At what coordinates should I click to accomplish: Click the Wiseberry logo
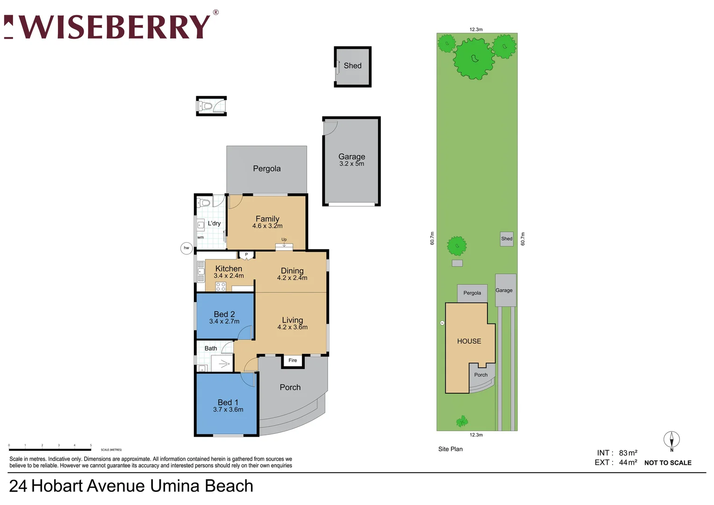coord(111,27)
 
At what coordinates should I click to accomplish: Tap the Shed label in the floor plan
coord(352,66)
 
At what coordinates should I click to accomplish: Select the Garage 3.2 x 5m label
coord(351,160)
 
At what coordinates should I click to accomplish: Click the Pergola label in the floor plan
coord(267,169)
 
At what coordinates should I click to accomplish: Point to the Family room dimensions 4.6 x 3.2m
coord(267,226)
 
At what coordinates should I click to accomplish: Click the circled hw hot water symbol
coord(186,248)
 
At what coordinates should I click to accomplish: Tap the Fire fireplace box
coord(293,361)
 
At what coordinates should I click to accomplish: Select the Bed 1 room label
coord(228,403)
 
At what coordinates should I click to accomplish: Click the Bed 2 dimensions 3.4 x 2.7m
coord(224,322)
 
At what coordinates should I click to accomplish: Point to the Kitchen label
coord(228,269)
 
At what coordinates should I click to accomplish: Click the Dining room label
coord(292,271)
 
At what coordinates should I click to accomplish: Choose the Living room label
coord(292,320)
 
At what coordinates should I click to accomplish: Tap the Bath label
coord(211,348)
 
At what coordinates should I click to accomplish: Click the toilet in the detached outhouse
coord(207,107)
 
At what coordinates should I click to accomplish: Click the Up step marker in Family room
coord(284,240)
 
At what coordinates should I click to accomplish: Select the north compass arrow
coord(671,440)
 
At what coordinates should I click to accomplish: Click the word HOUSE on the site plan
coord(469,341)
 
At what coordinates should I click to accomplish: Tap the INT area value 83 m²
coord(628,453)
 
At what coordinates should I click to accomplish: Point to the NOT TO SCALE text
coord(668,463)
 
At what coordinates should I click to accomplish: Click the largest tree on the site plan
coord(475,58)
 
